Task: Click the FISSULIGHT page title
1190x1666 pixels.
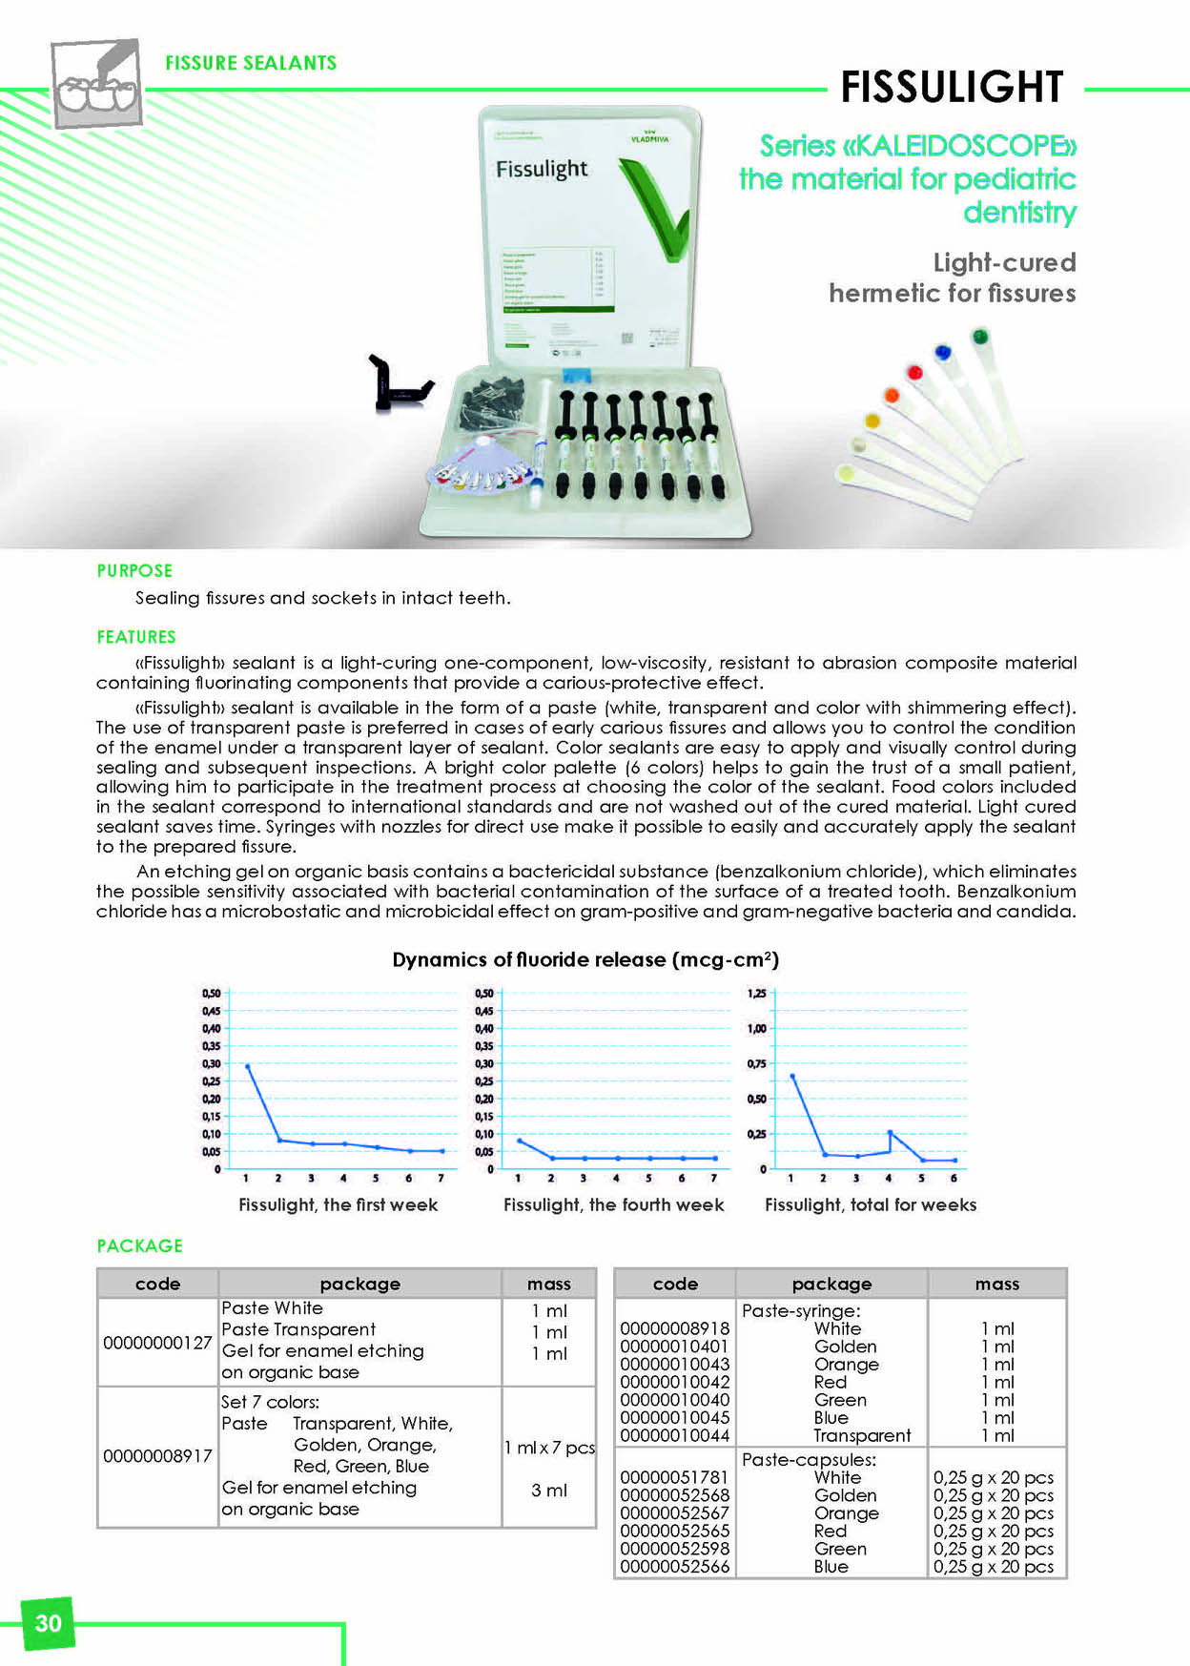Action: pyautogui.click(x=951, y=87)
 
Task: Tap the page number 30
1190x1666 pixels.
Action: pyautogui.click(x=48, y=1623)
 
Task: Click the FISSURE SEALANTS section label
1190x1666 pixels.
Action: pyautogui.click(x=251, y=63)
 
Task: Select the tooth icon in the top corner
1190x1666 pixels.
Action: pyautogui.click(x=95, y=84)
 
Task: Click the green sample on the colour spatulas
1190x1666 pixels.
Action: pyautogui.click(x=979, y=336)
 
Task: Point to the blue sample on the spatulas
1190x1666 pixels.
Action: pyautogui.click(x=943, y=352)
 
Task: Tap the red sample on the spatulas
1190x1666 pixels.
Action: pyautogui.click(x=914, y=373)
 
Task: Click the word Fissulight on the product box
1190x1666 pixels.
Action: pyautogui.click(x=541, y=170)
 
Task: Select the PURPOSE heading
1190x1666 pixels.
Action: pyautogui.click(x=134, y=570)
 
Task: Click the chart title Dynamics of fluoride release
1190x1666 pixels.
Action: pyautogui.click(x=585, y=959)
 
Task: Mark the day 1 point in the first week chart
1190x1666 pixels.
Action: pyautogui.click(x=248, y=1066)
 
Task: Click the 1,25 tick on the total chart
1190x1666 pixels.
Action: pyautogui.click(x=756, y=994)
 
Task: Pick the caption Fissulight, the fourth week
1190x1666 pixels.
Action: pyautogui.click(x=613, y=1204)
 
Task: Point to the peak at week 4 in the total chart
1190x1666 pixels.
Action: pyautogui.click(x=890, y=1132)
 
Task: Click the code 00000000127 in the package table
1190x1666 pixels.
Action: pyautogui.click(x=157, y=1342)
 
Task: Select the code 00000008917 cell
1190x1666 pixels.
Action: pyautogui.click(x=157, y=1455)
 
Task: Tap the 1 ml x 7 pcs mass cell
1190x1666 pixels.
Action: pyautogui.click(x=549, y=1448)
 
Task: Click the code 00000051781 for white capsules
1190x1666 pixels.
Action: pyautogui.click(x=674, y=1477)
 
